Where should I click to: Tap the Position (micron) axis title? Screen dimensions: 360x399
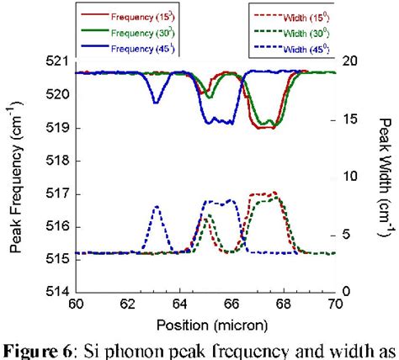click(x=205, y=323)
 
